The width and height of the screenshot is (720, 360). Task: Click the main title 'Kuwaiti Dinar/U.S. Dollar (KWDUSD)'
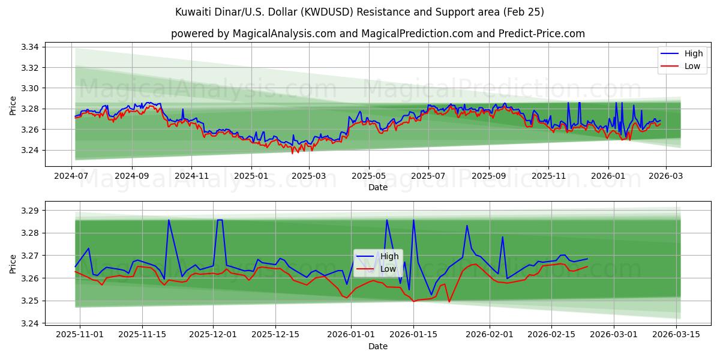pos(360,12)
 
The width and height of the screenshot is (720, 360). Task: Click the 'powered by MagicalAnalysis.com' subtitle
pos(378,34)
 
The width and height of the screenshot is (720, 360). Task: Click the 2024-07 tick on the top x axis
pos(72,176)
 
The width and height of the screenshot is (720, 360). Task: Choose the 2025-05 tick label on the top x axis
pos(368,176)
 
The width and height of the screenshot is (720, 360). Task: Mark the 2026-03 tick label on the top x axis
pos(666,176)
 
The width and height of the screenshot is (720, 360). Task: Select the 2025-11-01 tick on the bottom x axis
pos(80,335)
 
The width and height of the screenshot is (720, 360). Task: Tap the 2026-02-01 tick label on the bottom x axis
pos(490,335)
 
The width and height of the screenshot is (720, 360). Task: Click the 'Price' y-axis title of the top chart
pos(13,106)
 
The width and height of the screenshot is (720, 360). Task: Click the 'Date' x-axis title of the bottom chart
pos(378,346)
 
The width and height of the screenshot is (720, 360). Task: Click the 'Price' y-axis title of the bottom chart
pos(13,264)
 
